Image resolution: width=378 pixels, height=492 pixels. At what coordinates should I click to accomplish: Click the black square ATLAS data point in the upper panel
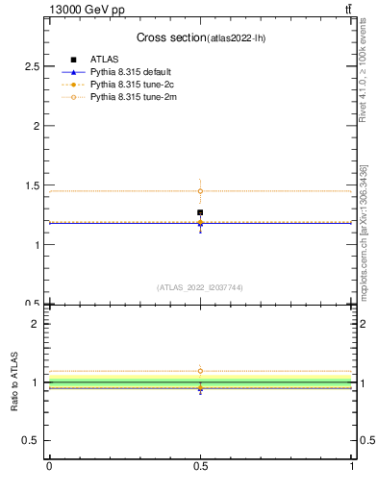200,212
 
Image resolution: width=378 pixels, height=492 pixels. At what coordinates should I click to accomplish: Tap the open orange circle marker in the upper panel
200,191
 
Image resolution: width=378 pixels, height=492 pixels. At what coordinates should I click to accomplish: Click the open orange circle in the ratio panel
200,371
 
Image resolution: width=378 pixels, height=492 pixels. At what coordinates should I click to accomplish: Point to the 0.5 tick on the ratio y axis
35,441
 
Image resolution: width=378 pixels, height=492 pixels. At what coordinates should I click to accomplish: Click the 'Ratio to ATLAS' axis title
14,382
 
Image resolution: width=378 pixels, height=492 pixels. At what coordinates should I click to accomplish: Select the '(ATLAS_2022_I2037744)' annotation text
200,287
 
